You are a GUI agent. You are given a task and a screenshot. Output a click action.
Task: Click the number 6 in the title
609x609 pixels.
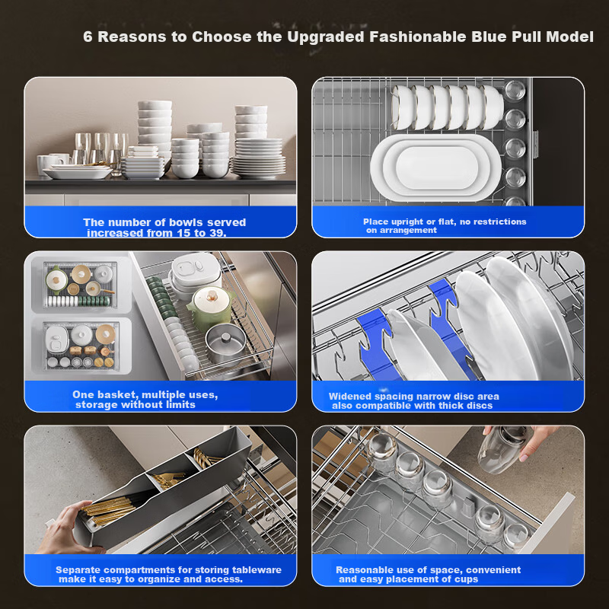point(88,37)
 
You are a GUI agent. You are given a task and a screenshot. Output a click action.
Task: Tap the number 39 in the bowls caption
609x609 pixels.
point(218,233)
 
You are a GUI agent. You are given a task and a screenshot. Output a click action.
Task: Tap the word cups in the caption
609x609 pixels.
point(466,579)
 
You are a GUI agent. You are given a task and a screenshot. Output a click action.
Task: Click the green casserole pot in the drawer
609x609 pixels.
point(210,308)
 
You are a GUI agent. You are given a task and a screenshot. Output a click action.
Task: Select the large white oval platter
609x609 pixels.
point(435,167)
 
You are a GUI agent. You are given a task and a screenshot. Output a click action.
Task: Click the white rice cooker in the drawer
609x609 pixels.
point(196,272)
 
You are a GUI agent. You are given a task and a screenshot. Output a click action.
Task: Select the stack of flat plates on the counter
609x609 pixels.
point(259,158)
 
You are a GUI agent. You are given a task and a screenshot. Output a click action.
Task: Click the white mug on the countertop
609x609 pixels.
point(46,164)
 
